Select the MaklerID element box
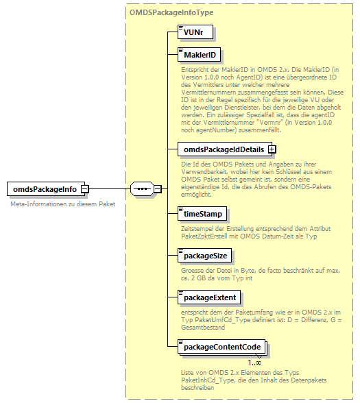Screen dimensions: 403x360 tap(200, 54)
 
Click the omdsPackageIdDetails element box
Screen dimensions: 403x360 tap(223, 148)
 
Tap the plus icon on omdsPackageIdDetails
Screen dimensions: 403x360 tap(272, 148)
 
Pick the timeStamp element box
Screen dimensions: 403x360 tap(202, 214)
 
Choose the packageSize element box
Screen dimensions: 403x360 tap(205, 256)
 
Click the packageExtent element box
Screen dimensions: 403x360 tap(209, 297)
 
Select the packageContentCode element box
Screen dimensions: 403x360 tap(221, 347)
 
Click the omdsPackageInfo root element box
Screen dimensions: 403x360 tap(45, 188)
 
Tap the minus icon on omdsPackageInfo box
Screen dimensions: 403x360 tap(84, 188)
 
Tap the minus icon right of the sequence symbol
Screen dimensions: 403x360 tap(157, 188)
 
